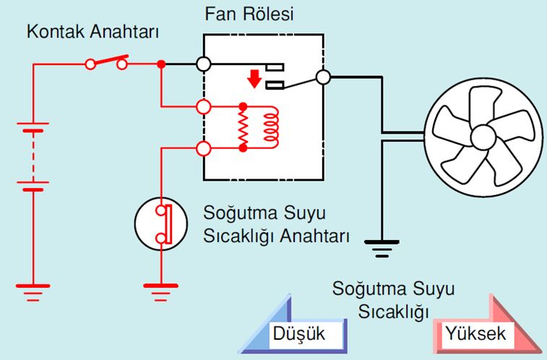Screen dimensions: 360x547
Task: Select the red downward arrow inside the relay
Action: tap(253, 77)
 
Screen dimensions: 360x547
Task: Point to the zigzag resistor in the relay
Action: tap(244, 127)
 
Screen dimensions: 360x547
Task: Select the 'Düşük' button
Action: tap(297, 334)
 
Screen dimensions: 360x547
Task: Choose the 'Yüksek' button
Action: tap(475, 334)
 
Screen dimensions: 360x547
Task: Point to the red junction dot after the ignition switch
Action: tap(161, 64)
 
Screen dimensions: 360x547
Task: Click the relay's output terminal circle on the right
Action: tap(323, 77)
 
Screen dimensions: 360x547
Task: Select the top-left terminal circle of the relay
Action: tap(204, 64)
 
